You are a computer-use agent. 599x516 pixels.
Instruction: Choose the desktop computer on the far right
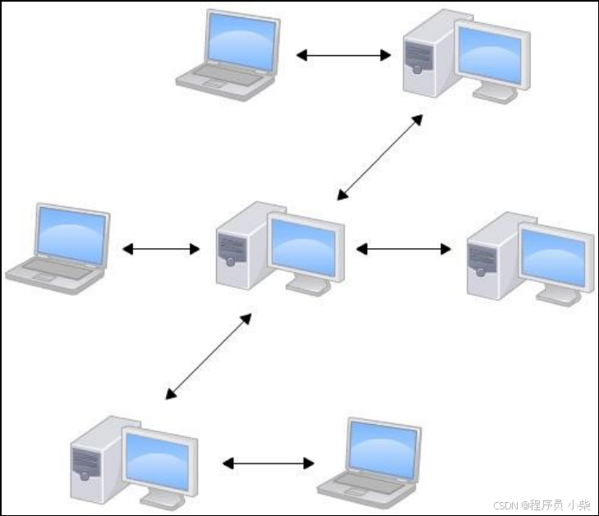coord(529,258)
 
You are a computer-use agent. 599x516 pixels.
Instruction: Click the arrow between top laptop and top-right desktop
coord(343,56)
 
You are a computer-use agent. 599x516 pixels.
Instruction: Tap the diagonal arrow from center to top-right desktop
coord(380,157)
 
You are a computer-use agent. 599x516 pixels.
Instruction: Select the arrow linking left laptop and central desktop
coord(161,248)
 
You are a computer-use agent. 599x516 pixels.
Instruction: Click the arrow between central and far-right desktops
coord(403,248)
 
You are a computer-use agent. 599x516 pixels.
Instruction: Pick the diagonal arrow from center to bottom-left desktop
coord(209,356)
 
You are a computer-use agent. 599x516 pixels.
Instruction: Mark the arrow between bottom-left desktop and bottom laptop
coord(268,463)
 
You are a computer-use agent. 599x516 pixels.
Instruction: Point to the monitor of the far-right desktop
coord(552,257)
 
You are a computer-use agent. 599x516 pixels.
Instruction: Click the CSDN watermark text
coord(541,504)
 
